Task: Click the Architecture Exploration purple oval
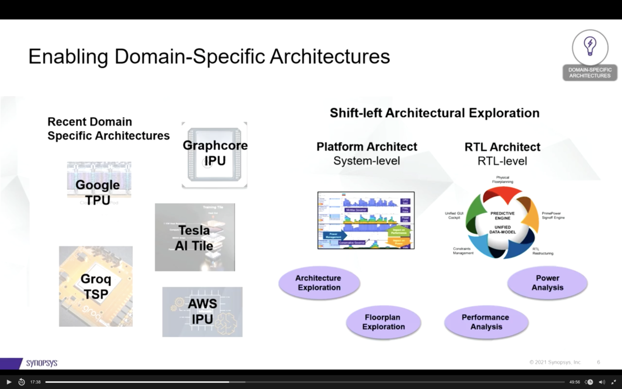coord(319,283)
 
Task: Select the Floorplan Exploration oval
coord(384,322)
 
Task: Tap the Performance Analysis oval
coord(486,322)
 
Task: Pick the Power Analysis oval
coord(547,283)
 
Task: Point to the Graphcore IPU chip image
coord(215,155)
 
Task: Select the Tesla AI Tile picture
coord(195,237)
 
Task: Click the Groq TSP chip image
coord(96,286)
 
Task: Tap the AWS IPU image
coord(202,312)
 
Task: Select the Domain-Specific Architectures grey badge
coord(590,73)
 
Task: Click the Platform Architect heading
coord(366,147)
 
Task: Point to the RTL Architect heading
coord(502,147)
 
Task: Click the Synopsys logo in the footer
coord(41,363)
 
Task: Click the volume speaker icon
coord(602,382)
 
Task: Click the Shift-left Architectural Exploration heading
coord(434,113)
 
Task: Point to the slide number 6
coord(599,362)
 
